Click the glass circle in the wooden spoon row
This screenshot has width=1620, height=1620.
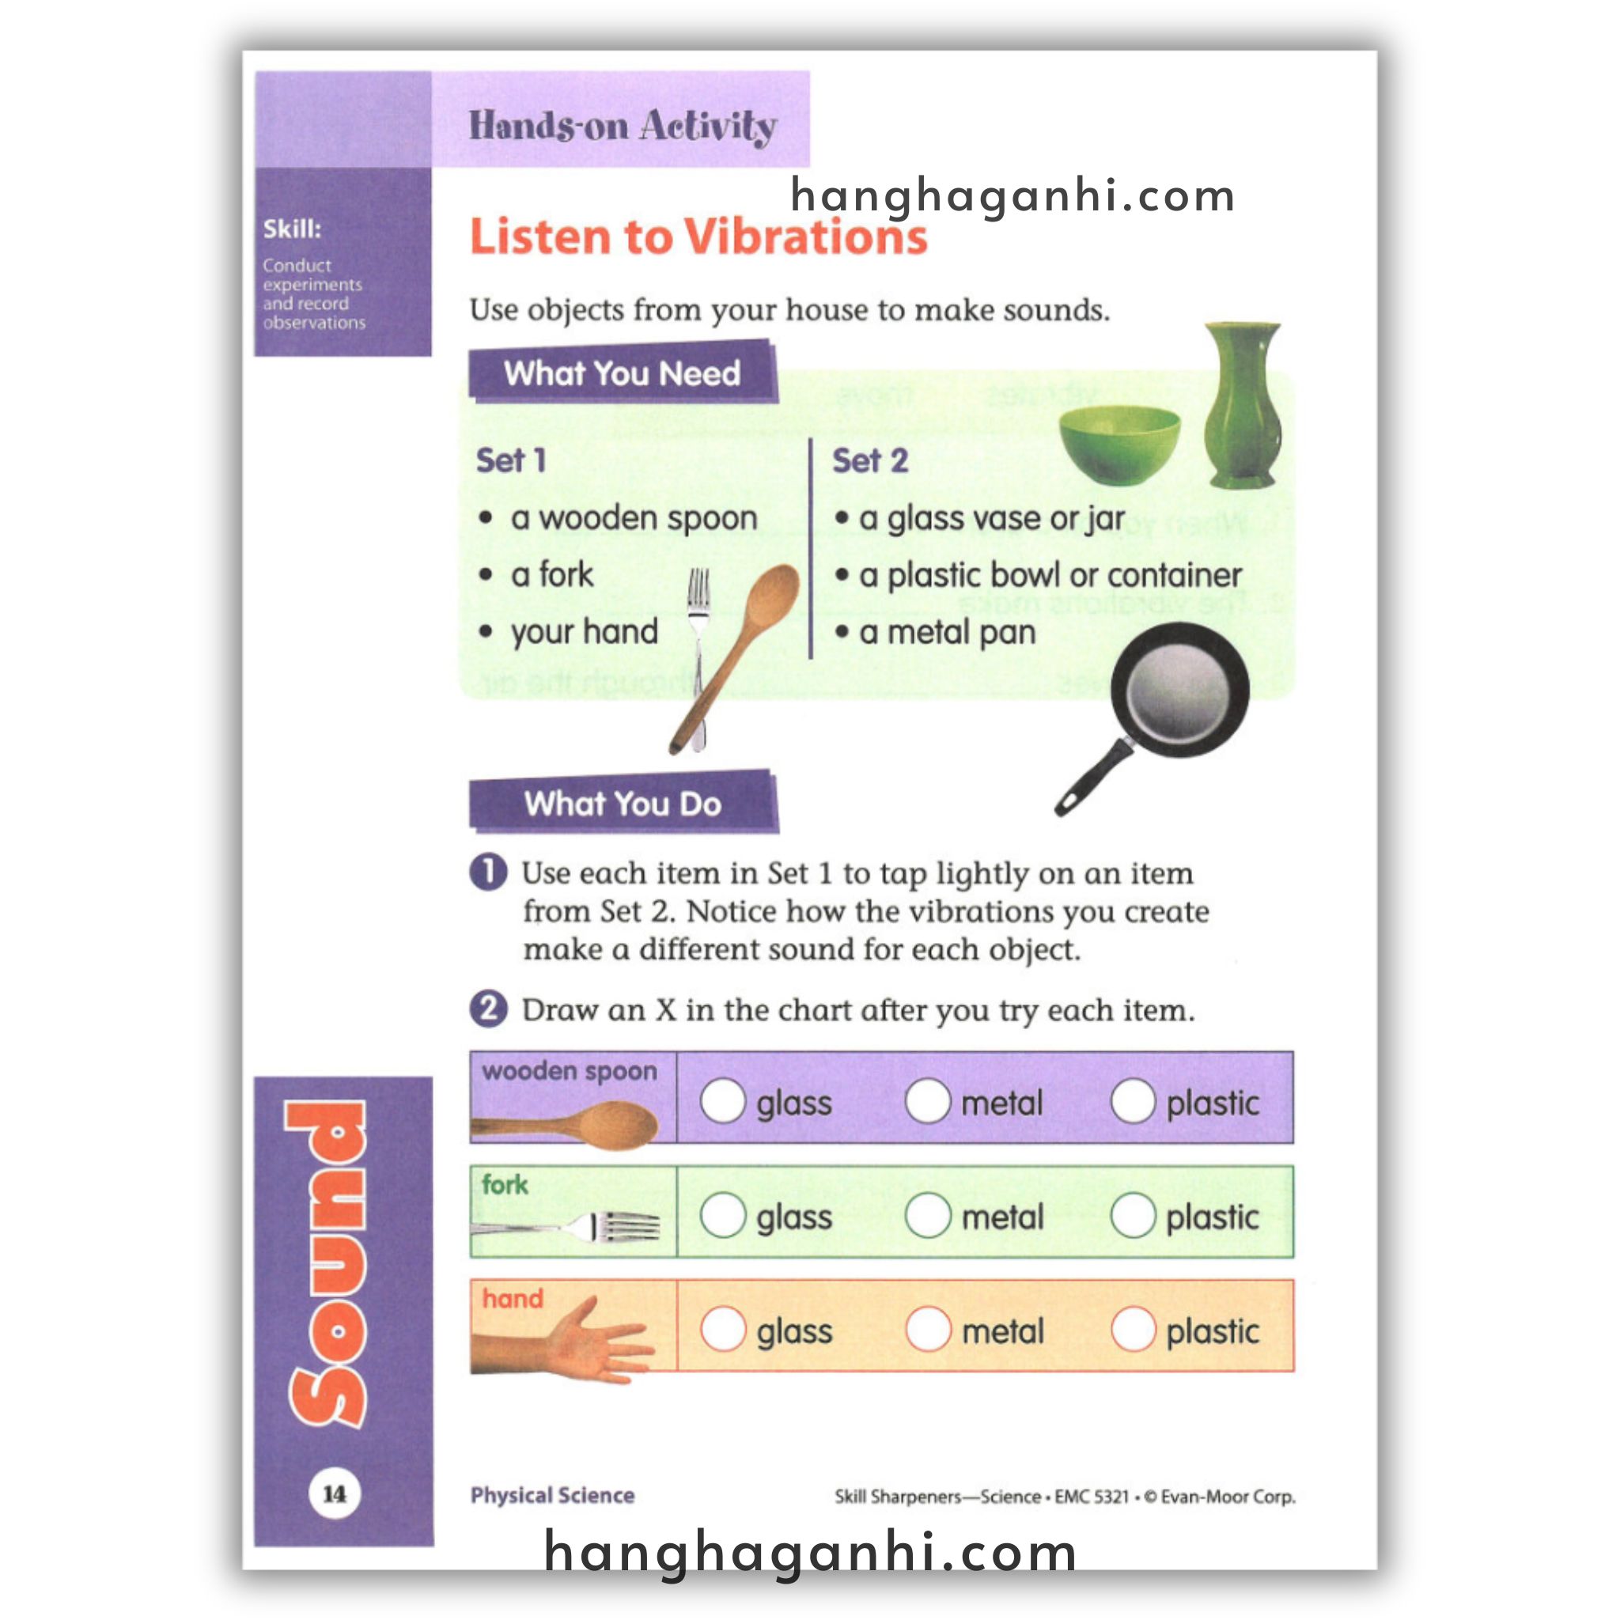(723, 1100)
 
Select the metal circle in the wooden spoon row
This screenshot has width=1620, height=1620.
(927, 1100)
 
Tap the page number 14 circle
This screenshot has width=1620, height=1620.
(335, 1493)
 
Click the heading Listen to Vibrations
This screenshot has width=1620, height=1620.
(698, 237)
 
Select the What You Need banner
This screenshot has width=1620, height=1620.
(623, 373)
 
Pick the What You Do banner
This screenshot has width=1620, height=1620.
(623, 804)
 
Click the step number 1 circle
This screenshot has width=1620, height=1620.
(488, 872)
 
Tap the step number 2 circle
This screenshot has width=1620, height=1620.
(488, 1009)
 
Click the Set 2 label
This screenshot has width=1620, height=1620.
(869, 460)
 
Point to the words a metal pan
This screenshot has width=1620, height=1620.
(947, 631)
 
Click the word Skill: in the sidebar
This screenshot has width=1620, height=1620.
(292, 229)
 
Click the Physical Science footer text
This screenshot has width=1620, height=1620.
(552, 1495)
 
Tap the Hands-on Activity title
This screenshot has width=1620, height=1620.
(623, 126)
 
